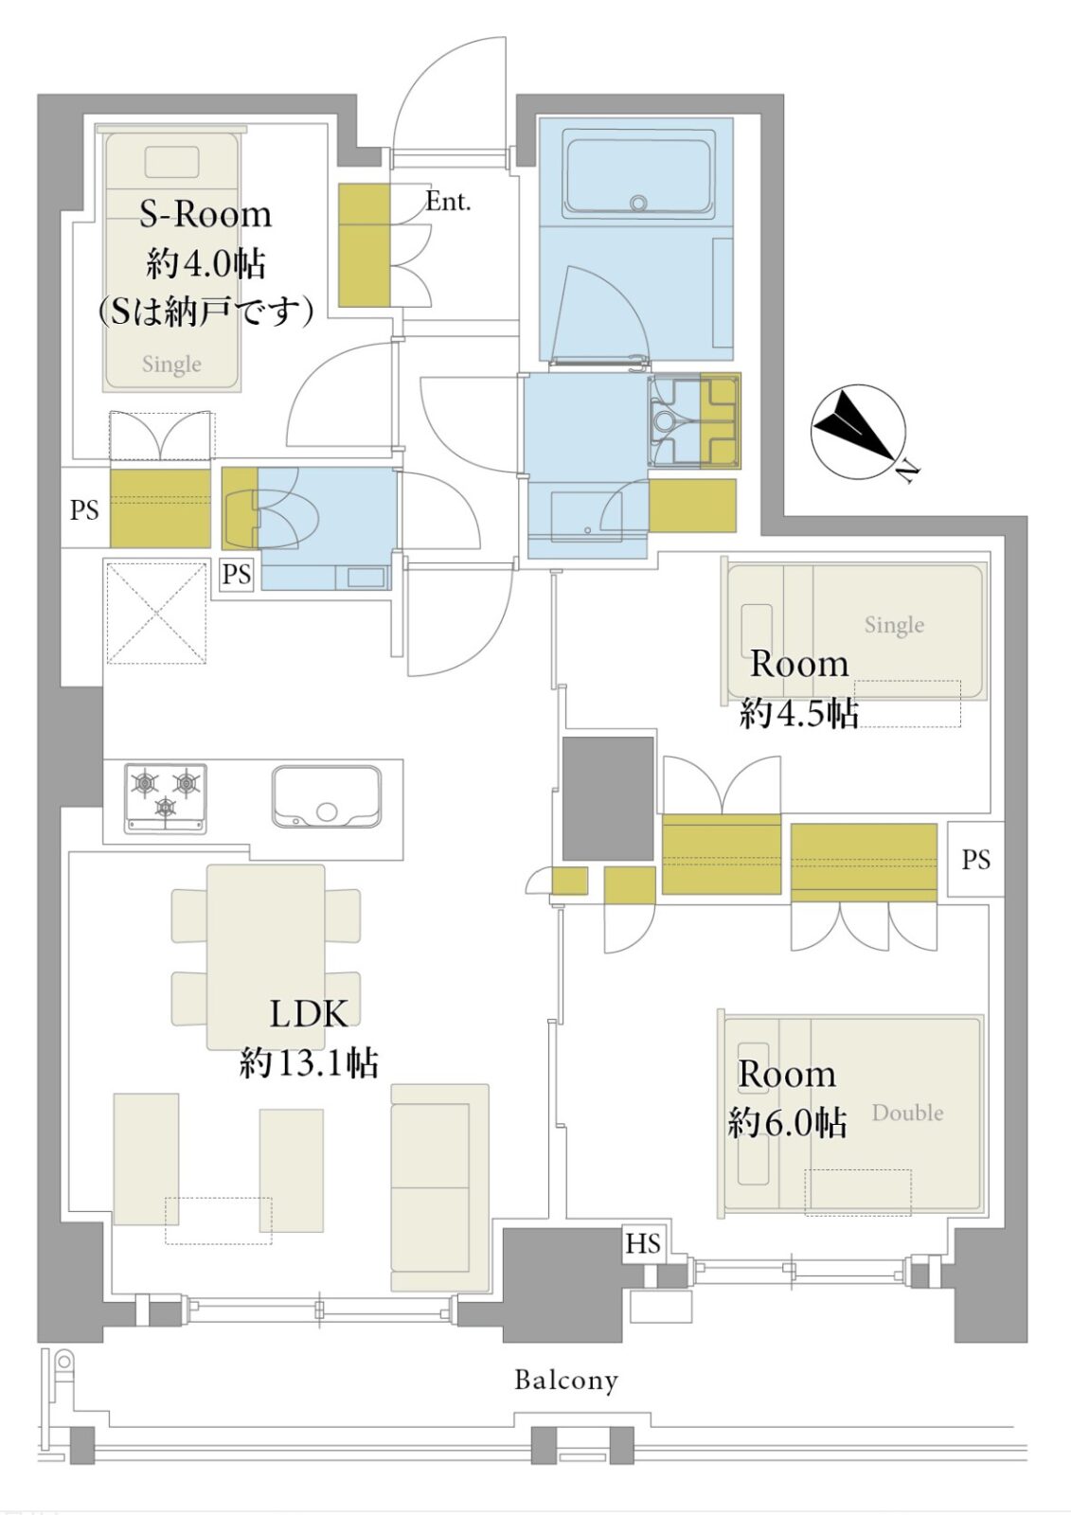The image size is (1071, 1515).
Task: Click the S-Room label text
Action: pos(205,214)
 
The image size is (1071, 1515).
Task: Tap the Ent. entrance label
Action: pos(448,201)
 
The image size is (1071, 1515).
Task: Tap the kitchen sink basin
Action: pos(326,796)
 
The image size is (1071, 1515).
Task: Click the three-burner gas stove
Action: pos(166,798)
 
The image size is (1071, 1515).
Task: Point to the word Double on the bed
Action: pos(907,1113)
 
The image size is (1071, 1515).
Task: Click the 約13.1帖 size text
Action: pos(310,1063)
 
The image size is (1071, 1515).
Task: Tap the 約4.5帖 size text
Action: pos(799,714)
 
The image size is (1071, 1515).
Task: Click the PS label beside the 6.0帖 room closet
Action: pos(975,860)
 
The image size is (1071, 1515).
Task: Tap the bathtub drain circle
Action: pos(637,203)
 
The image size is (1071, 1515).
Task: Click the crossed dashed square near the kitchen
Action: pos(156,613)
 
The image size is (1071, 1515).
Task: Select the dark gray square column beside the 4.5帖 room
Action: pos(608,799)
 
